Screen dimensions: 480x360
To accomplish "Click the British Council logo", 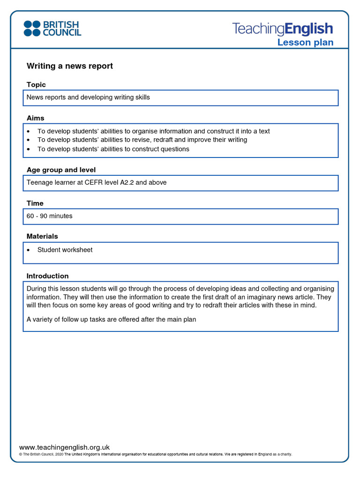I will pyautogui.click(x=52, y=28).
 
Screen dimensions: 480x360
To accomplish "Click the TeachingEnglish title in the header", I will pyautogui.click(x=283, y=29).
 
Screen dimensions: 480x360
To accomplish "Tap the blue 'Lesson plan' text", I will pyautogui.click(x=305, y=43).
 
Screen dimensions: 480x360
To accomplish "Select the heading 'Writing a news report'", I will pyautogui.click(x=69, y=66).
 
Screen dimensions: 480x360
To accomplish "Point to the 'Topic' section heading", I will pyautogui.click(x=36, y=85).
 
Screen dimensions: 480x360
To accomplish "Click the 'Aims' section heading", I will pyautogui.click(x=36, y=118).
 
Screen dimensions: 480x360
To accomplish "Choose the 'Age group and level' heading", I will pyautogui.click(x=61, y=170).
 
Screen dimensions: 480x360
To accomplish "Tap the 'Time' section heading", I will pyautogui.click(x=35, y=203).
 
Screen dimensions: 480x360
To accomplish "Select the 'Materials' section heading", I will pyautogui.click(x=42, y=236).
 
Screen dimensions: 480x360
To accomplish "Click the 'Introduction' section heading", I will pyautogui.click(x=47, y=276).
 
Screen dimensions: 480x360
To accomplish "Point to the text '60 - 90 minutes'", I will pyautogui.click(x=50, y=216).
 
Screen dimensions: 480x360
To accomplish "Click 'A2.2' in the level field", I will pyautogui.click(x=127, y=182).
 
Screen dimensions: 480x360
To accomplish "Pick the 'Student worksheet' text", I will pyautogui.click(x=65, y=250).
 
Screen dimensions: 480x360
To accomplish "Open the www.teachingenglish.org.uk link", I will pyautogui.click(x=64, y=447).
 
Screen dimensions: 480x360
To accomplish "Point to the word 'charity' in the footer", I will pyautogui.click(x=283, y=454).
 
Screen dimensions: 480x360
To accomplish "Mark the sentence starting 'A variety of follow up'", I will pyautogui.click(x=111, y=320).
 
